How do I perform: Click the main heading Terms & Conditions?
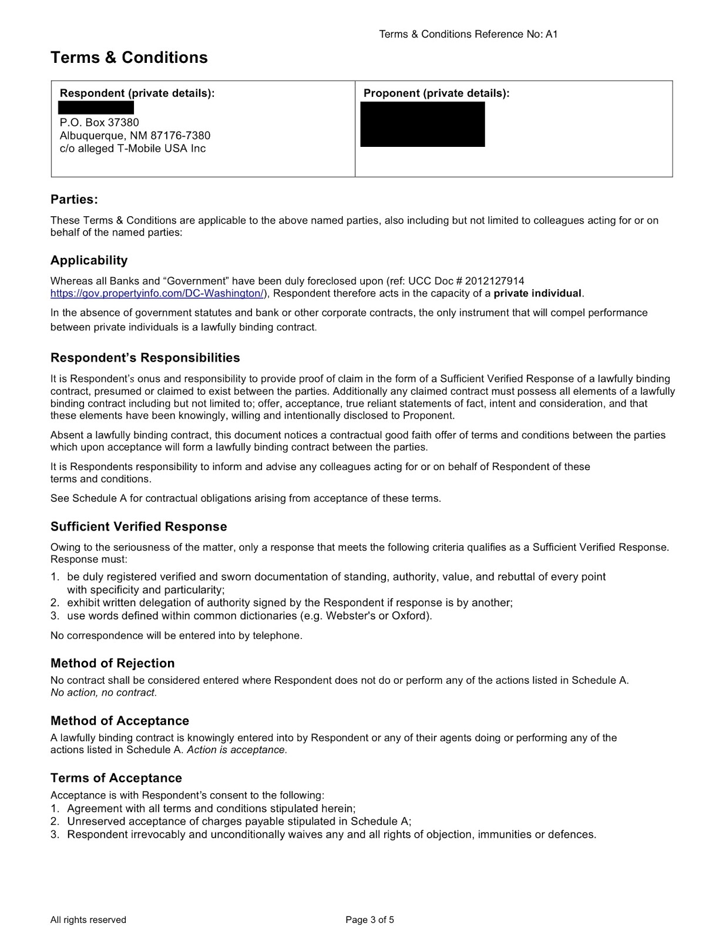pos(129,58)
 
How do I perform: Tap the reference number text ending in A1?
pos(468,34)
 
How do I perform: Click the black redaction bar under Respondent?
pos(96,108)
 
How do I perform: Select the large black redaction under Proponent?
pos(422,124)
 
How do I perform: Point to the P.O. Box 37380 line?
pos(99,123)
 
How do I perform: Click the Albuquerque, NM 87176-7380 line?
pos(135,136)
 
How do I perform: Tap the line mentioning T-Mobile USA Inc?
pos(133,149)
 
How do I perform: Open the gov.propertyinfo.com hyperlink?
pos(157,293)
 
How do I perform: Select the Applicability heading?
pos(89,260)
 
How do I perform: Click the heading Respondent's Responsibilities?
pos(145,358)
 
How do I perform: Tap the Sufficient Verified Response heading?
pos(139,526)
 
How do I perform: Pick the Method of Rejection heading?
pos(113,663)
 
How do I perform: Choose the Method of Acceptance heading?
pos(120,721)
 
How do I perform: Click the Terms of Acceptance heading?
pos(116,778)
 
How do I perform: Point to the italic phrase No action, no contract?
pos(103,693)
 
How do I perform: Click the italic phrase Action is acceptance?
pos(237,750)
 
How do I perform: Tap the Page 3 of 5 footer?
pos(370,920)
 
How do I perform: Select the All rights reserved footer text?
pos(88,920)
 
